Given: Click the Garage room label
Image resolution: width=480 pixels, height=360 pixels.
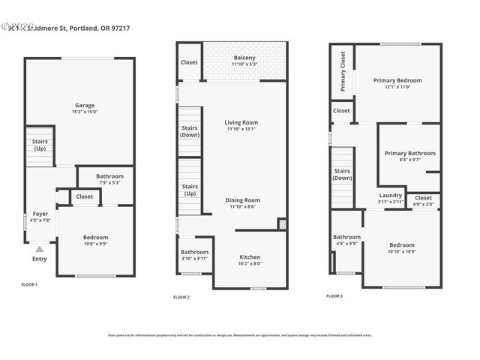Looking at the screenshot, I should pos(84,105).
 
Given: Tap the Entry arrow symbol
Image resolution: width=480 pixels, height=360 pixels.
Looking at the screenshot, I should pos(39,250).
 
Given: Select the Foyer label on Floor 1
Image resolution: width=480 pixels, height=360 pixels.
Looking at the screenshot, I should pos(40,214).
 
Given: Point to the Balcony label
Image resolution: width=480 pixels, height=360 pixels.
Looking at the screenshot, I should pos(244,58).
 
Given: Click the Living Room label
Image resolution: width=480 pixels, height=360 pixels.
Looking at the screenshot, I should pos(241,122).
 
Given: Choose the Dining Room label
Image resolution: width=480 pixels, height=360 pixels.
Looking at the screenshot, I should pos(241,200).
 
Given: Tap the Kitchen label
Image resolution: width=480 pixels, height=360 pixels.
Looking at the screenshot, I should pos(250,256).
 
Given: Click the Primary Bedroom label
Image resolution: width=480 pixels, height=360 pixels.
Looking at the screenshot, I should pos(397,80).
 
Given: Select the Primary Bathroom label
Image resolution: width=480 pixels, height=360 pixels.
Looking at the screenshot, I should pos(409,153).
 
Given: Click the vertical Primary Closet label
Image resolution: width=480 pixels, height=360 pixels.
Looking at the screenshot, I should pos(343,71).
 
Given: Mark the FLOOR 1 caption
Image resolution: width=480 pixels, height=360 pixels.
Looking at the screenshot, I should pos(29,284).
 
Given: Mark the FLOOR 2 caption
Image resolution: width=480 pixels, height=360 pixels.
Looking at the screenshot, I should pos(181,297).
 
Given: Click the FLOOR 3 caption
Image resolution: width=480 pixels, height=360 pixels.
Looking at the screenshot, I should pos(334,295).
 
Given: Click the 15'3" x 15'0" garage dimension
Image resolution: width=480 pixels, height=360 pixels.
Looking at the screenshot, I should pos(84,112).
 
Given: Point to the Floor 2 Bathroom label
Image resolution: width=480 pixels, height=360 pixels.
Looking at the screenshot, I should pos(194,252).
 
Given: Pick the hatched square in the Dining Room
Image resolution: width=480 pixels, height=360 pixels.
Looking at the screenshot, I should pos(281,223).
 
